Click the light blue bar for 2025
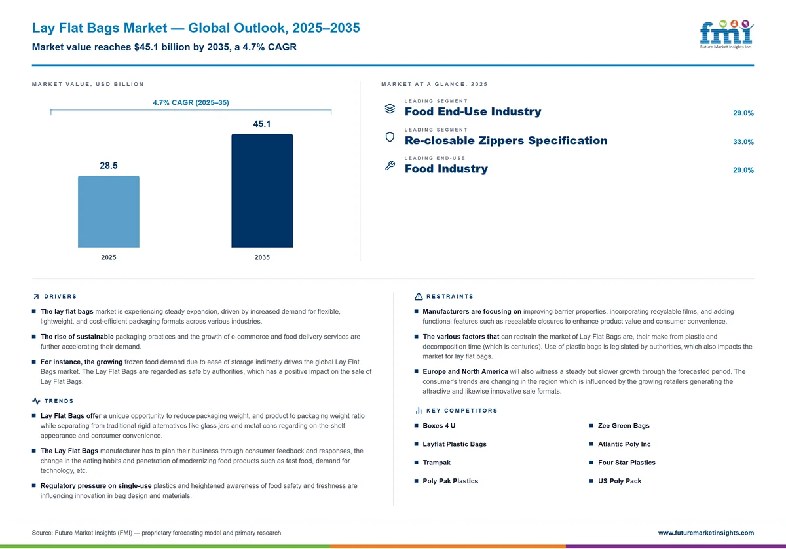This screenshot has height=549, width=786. click(109, 212)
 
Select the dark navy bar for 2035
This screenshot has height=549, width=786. click(262, 191)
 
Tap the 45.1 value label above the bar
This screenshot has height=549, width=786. click(262, 124)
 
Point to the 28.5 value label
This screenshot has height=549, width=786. click(109, 166)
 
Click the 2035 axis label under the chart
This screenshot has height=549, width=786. click(262, 257)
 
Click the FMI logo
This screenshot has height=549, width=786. click(726, 35)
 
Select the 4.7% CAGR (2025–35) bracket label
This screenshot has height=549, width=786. click(191, 102)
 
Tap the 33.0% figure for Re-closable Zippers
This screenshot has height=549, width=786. click(743, 142)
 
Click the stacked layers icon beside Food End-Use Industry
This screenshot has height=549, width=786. click(390, 109)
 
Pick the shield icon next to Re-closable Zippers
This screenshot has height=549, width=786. click(390, 137)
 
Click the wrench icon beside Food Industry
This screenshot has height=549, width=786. click(390, 165)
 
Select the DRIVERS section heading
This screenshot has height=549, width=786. click(60, 297)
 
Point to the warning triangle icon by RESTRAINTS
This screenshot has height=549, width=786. click(419, 297)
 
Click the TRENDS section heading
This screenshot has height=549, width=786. click(59, 401)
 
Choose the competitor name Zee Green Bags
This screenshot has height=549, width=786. click(624, 426)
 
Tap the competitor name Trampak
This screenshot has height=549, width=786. click(436, 463)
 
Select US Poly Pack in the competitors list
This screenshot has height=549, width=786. click(620, 481)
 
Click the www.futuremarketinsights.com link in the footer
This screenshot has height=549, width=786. click(706, 533)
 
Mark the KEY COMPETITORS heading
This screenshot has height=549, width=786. click(462, 411)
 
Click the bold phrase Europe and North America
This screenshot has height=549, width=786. click(465, 371)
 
